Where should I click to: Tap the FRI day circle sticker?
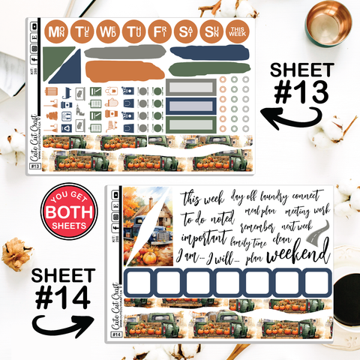click(159, 31)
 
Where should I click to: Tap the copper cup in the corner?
click(329, 22)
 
